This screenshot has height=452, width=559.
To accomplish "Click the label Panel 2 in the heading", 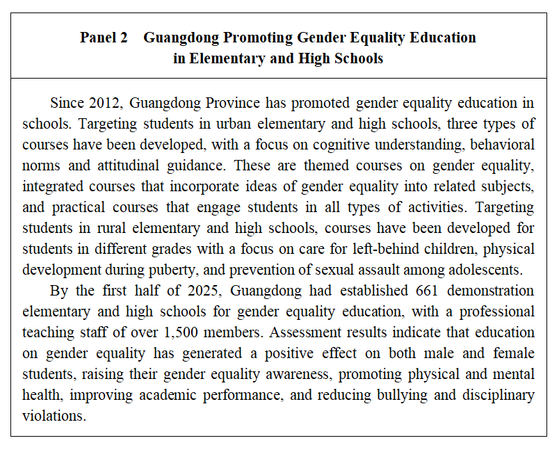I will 104,38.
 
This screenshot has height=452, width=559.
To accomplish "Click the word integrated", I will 56,187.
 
